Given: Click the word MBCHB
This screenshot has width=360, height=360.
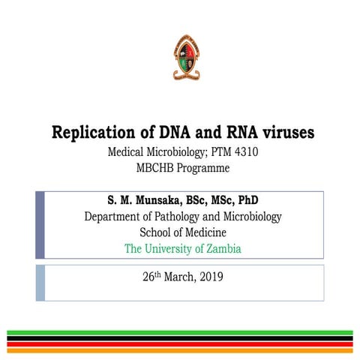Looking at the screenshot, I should (x=153, y=168).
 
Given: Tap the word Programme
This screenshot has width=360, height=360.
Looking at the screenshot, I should (x=202, y=168).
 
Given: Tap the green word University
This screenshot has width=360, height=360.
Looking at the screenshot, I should (x=172, y=248).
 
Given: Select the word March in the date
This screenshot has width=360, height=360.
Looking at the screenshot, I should (x=178, y=277).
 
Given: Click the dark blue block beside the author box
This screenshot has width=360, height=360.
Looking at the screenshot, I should (x=40, y=224).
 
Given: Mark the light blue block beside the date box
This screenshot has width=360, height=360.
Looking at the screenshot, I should (x=40, y=282).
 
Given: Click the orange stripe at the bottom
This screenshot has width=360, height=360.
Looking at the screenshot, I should (x=180, y=349).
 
